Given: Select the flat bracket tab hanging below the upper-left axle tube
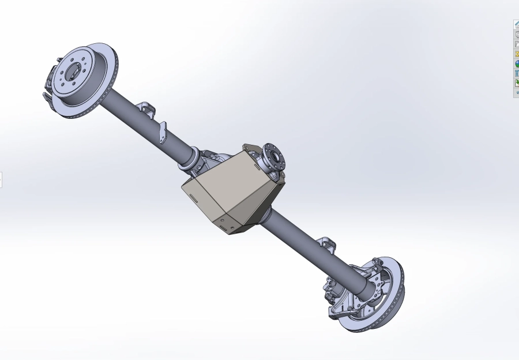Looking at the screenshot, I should [x=163, y=132].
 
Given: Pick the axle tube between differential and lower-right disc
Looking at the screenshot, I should [x=306, y=237].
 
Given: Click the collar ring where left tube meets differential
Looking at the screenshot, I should [x=189, y=159].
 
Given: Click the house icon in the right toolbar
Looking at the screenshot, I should [x=517, y=24].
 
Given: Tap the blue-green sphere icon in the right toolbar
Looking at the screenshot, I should [x=517, y=63].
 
